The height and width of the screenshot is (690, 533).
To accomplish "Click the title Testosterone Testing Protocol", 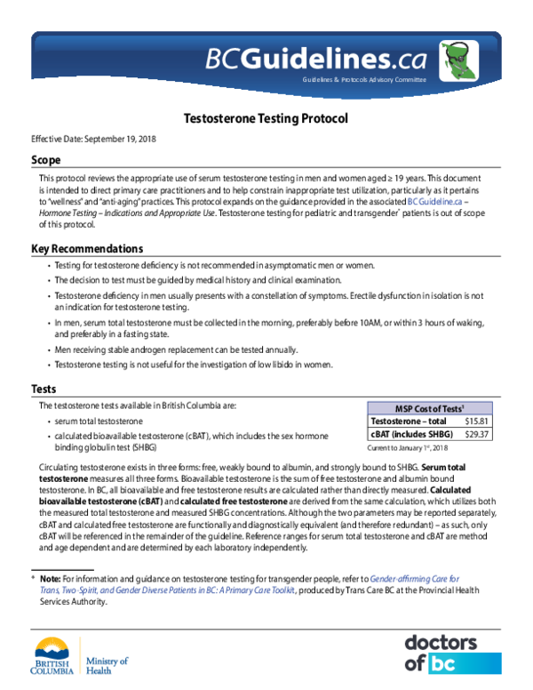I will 266,118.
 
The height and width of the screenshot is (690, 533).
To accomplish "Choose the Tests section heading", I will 44,389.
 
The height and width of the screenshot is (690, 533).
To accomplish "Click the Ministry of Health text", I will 107,666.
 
